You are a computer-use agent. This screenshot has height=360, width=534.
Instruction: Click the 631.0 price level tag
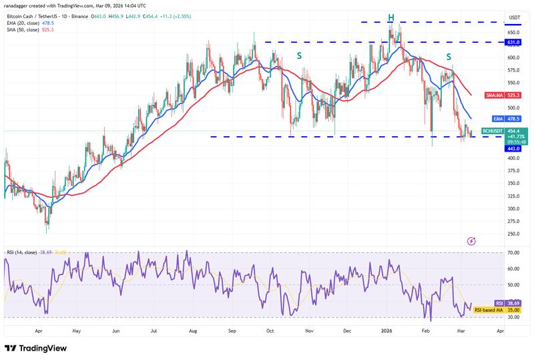click(514, 42)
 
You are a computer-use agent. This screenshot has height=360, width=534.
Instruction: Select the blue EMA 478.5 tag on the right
click(514, 118)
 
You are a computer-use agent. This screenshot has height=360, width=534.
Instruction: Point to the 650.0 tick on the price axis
click(513, 32)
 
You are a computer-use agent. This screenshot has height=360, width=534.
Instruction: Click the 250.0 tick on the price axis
click(513, 234)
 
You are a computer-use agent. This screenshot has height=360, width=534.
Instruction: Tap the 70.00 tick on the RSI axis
click(513, 252)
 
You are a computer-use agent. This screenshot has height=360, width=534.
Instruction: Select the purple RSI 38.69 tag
click(514, 303)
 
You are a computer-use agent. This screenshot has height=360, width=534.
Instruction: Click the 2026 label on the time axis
click(387, 330)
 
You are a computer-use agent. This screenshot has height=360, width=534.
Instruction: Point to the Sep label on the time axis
click(232, 330)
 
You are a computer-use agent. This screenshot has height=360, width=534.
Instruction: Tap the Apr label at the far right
click(501, 330)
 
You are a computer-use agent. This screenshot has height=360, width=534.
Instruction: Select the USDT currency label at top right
click(514, 17)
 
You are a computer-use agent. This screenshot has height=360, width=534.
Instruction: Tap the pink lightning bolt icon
click(472, 240)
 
